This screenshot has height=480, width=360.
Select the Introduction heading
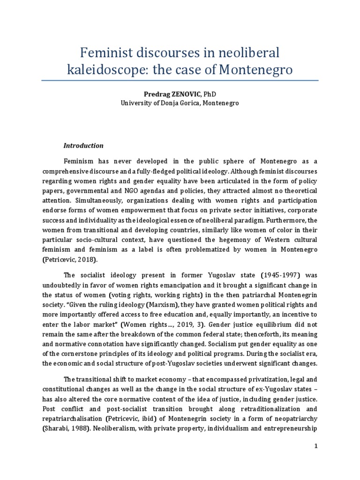coord(83,146)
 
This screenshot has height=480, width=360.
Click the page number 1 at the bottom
coord(316,446)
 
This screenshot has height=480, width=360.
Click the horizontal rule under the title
coord(180,81)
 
